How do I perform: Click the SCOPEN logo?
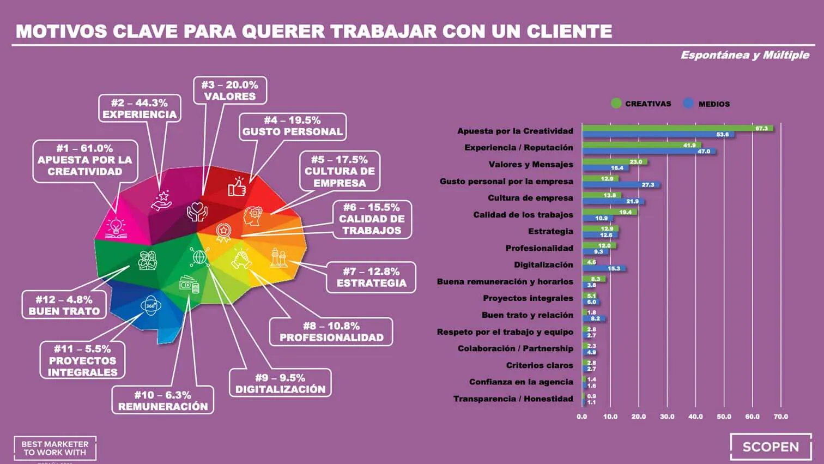tap(771, 447)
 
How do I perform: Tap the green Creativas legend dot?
tap(616, 104)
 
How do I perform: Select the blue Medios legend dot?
tap(689, 103)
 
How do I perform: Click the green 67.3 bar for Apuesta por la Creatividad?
tap(677, 128)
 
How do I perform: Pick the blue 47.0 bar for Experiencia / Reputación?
tap(649, 152)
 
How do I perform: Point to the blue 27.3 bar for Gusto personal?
tap(621, 185)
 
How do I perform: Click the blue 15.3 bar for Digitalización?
tap(604, 268)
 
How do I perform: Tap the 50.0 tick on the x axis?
tap(724, 417)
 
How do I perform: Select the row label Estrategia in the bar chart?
tap(550, 231)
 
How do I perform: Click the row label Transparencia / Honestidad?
tap(513, 399)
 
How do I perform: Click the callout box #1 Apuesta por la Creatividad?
tap(85, 160)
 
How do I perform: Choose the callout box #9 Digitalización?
tap(280, 383)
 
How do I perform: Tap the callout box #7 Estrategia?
tap(371, 277)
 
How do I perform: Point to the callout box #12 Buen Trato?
tap(64, 305)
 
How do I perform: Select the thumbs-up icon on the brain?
tap(237, 187)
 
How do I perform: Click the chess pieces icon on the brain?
tap(278, 257)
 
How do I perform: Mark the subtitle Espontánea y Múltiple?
tap(744, 55)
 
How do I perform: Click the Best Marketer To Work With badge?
tap(54, 448)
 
